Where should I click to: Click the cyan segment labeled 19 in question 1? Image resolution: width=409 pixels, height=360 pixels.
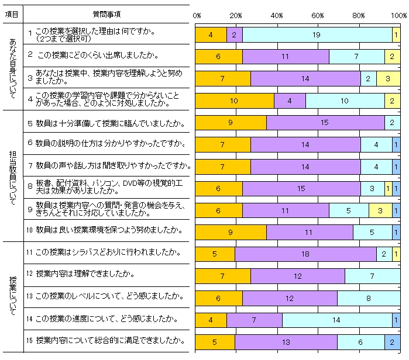click(x=317, y=35)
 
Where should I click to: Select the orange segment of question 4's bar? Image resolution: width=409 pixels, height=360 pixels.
click(x=234, y=101)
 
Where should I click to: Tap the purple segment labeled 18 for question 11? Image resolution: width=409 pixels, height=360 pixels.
click(x=306, y=254)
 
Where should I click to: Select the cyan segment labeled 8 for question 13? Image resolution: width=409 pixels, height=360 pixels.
click(x=369, y=297)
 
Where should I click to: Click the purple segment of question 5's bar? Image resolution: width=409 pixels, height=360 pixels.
click(x=325, y=122)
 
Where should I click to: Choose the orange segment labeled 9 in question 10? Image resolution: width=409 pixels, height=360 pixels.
click(x=231, y=232)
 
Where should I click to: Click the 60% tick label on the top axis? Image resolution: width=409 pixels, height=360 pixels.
click(x=318, y=15)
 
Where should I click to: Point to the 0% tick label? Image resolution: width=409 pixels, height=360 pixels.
click(x=197, y=15)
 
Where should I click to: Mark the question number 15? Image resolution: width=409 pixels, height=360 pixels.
click(x=30, y=339)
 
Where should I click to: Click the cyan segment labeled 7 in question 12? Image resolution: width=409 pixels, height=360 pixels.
click(x=372, y=276)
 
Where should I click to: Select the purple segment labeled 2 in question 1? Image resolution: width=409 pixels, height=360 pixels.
click(x=234, y=35)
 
